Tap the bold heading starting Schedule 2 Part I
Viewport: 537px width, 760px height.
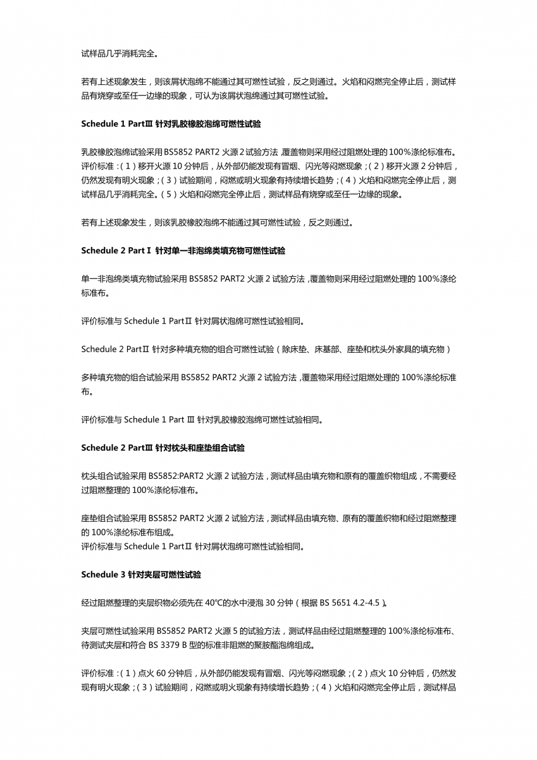(x=183, y=251)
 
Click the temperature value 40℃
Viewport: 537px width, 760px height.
(x=214, y=603)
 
